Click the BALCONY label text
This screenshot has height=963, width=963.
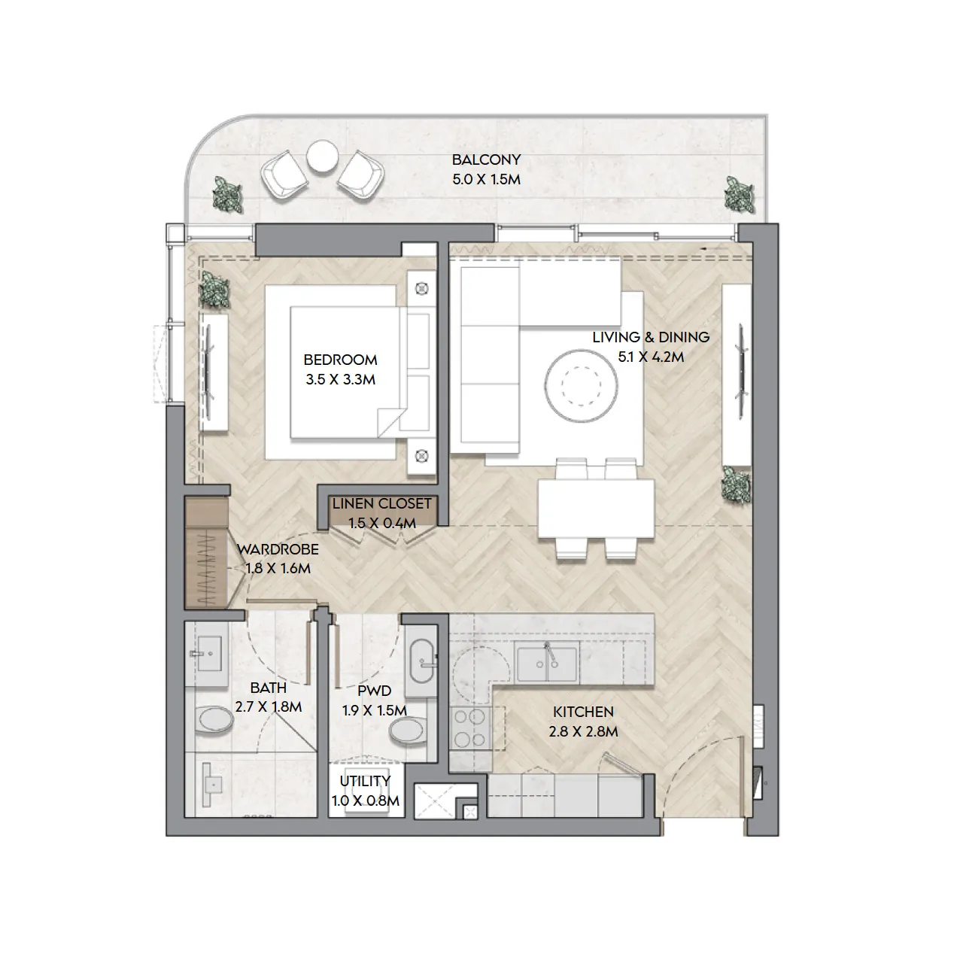point(486,160)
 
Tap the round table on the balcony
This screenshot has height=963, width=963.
point(322,156)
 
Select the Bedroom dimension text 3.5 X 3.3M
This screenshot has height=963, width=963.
point(340,380)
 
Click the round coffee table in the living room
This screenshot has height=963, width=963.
point(581,386)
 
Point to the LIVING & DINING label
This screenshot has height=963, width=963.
point(651,337)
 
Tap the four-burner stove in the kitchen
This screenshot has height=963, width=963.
point(469,728)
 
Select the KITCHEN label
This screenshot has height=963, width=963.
point(583,712)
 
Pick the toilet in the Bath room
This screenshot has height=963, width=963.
point(214,720)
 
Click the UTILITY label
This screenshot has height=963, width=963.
point(365,781)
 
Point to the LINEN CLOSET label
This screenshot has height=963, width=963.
point(381,504)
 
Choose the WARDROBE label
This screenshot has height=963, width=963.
point(278,550)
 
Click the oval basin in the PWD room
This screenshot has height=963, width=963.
point(421,661)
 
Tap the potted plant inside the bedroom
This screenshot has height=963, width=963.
point(214,289)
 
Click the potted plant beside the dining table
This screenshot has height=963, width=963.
point(737,483)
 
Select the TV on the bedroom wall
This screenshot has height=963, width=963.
point(208,373)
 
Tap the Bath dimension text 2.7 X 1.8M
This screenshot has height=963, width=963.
point(269,707)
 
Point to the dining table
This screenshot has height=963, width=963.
point(596,509)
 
